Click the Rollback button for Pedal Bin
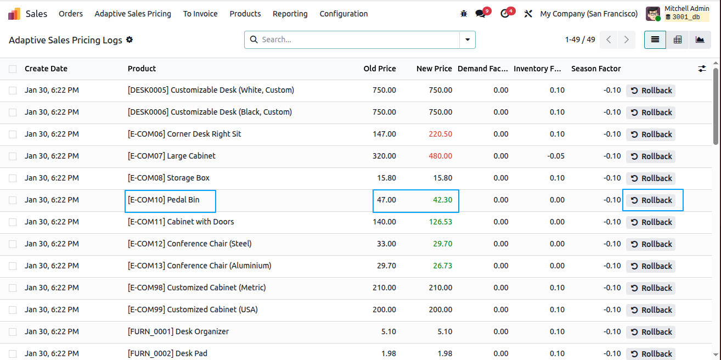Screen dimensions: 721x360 pyautogui.click(x=651, y=200)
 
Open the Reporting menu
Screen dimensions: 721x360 pyautogui.click(x=290, y=14)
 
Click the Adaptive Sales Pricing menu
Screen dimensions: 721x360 pyautogui.click(x=133, y=14)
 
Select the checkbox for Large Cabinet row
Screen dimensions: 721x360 pyautogui.click(x=13, y=156)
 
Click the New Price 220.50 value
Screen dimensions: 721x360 pyautogui.click(x=440, y=134)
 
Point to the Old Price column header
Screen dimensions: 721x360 pyautogui.click(x=380, y=69)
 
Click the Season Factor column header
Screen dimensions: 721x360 pyautogui.click(x=596, y=69)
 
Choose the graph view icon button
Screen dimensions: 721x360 pyautogui.click(x=700, y=40)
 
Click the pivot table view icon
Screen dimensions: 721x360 pyautogui.click(x=678, y=40)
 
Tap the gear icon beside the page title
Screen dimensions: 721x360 pyautogui.click(x=129, y=40)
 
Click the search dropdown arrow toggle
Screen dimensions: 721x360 pyautogui.click(x=467, y=40)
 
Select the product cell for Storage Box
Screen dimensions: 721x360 pyautogui.click(x=168, y=178)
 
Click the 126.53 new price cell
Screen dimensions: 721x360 pyautogui.click(x=440, y=222)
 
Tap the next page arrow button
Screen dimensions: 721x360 pyautogui.click(x=627, y=40)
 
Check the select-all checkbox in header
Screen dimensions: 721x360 pyautogui.click(x=13, y=69)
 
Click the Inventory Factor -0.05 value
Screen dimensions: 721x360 pyautogui.click(x=556, y=156)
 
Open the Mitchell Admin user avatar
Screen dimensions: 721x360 pyautogui.click(x=653, y=14)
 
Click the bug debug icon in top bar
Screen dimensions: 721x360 pyautogui.click(x=464, y=14)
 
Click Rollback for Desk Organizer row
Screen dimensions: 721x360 pyautogui.click(x=651, y=331)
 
